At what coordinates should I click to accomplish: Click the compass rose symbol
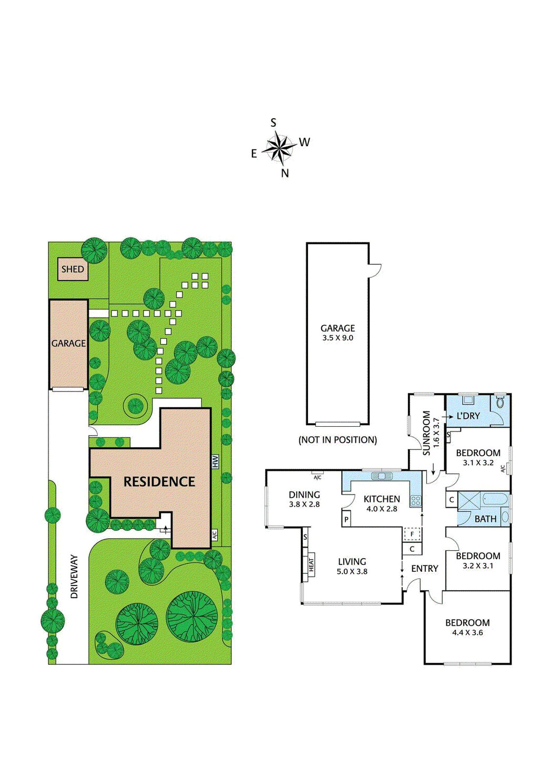[279, 148]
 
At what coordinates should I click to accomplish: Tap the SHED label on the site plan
[73, 269]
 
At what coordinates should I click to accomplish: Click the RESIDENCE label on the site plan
[159, 481]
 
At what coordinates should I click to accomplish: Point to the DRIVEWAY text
[74, 577]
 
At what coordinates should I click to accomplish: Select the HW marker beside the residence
[215, 462]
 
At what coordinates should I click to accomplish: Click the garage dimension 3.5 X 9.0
[338, 338]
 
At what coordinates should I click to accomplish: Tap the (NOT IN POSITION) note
[338, 440]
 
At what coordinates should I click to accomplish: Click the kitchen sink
[382, 476]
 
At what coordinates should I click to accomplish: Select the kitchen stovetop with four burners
[415, 500]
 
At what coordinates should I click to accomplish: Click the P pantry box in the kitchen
[346, 520]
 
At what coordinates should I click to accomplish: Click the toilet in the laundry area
[500, 403]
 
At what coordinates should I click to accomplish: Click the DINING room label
[304, 495]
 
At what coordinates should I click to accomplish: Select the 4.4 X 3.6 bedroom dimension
[467, 633]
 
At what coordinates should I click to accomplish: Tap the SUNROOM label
[426, 433]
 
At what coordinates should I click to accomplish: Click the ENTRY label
[424, 569]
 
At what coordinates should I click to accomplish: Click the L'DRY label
[468, 416]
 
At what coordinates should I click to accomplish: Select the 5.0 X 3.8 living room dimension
[352, 572]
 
